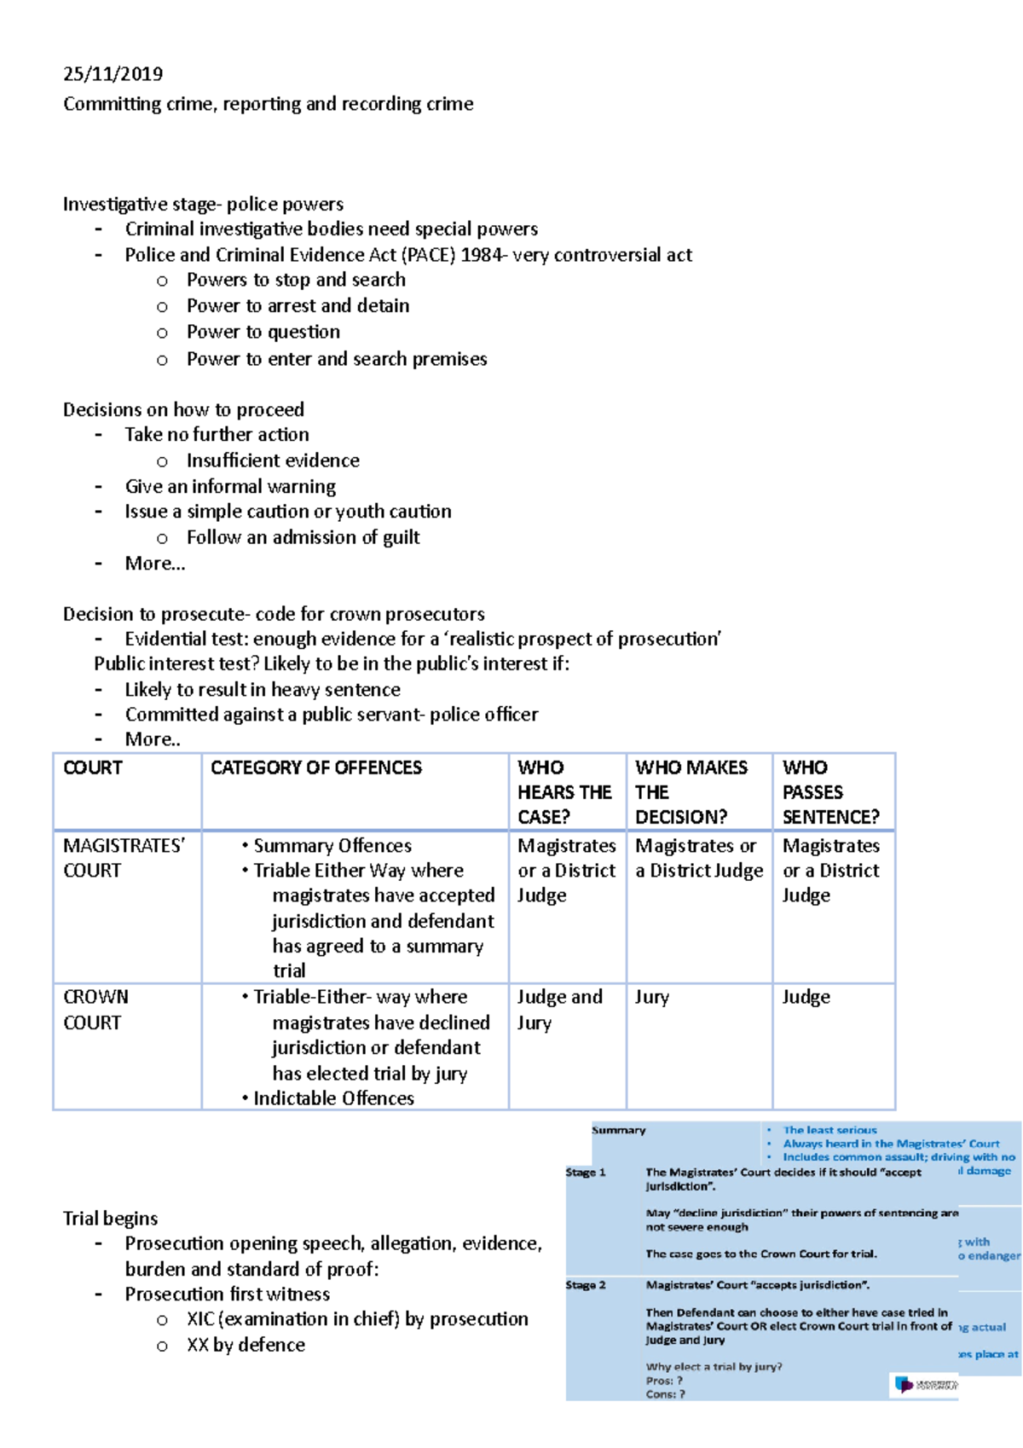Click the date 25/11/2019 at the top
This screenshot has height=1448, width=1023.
pos(113,74)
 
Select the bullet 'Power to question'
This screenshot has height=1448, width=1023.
pos(263,332)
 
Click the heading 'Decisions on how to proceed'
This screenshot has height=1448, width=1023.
pos(183,409)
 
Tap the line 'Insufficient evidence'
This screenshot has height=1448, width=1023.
pos(273,460)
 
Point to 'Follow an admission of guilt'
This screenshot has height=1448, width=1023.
pos(303,537)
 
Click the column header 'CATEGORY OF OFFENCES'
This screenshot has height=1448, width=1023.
pos(315,767)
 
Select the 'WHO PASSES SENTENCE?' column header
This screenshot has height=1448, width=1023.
pos(829,792)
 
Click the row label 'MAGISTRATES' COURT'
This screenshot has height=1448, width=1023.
pos(123,858)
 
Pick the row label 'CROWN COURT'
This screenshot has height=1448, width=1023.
pos(95,1010)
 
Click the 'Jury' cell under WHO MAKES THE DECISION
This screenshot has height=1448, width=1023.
pos(651,997)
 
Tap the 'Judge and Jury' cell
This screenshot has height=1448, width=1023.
pos(558,1010)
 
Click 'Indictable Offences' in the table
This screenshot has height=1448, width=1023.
pos(333,1098)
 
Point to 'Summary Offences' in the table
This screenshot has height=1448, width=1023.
pos(332,846)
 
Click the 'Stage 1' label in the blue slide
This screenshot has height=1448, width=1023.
pos(585,1173)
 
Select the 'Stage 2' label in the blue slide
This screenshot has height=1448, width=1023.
pos(585,1285)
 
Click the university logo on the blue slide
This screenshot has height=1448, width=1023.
pos(925,1383)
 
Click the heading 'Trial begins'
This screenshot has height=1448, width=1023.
pos(110,1219)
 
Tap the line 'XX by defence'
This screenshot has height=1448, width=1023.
pos(246,1345)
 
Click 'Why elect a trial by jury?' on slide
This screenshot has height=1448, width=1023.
pos(714,1366)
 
